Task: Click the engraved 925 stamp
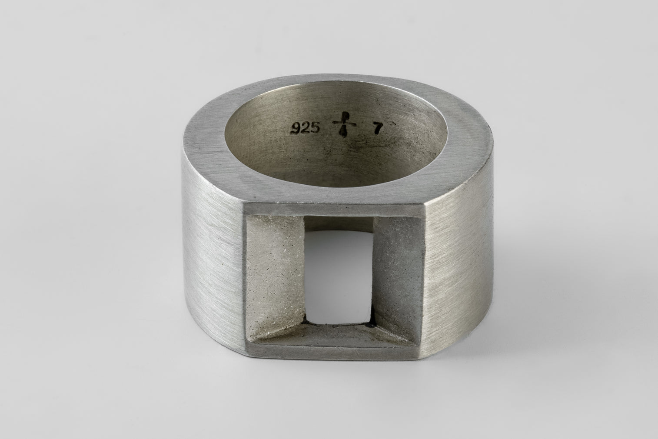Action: tap(305, 128)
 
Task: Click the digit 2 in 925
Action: tap(305, 128)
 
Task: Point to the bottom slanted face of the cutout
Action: tap(335, 335)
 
